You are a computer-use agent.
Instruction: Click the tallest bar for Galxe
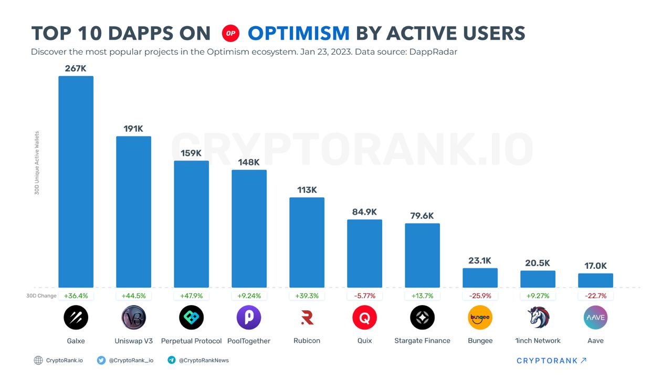(76, 181)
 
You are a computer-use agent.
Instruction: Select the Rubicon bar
(307, 242)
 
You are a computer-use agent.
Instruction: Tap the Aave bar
(595, 280)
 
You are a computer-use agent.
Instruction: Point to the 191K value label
(133, 129)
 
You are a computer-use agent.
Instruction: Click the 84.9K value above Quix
(364, 212)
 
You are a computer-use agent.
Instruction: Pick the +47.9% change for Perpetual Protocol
(191, 296)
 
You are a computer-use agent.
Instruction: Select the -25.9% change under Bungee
(480, 296)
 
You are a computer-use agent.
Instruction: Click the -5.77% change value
(364, 296)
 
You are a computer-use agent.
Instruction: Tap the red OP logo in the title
(230, 34)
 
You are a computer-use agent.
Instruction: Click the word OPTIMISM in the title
(298, 34)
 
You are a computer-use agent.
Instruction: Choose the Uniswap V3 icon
(133, 318)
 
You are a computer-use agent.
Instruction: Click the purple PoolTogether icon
(249, 318)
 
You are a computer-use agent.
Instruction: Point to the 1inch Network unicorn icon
(538, 318)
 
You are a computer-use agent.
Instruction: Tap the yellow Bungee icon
(480, 318)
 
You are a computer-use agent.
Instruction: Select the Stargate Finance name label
(422, 341)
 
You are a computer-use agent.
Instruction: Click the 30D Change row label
(41, 296)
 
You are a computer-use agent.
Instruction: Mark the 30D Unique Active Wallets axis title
(37, 163)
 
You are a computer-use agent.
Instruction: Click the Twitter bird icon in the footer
(101, 360)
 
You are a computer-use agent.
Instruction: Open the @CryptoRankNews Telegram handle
(204, 360)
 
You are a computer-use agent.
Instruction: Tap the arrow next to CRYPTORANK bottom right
(583, 360)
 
